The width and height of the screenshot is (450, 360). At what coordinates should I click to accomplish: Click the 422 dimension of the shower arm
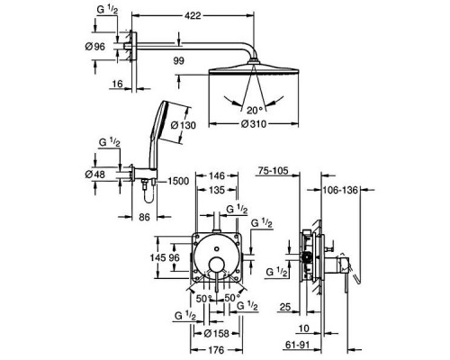[193, 15]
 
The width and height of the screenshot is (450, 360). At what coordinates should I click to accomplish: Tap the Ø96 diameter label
[95, 47]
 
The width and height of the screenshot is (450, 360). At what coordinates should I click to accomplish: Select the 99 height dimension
[179, 61]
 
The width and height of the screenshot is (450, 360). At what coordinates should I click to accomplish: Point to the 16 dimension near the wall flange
[117, 84]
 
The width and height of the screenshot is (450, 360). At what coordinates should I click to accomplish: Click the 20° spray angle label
[255, 111]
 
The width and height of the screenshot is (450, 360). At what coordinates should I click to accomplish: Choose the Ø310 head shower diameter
[254, 123]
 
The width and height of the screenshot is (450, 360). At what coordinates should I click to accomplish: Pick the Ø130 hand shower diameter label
[183, 125]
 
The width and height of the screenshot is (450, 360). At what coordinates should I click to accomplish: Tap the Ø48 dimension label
[95, 175]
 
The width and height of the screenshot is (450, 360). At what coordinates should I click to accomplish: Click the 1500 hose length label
[178, 181]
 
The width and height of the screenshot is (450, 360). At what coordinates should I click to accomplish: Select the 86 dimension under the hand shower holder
[144, 217]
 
